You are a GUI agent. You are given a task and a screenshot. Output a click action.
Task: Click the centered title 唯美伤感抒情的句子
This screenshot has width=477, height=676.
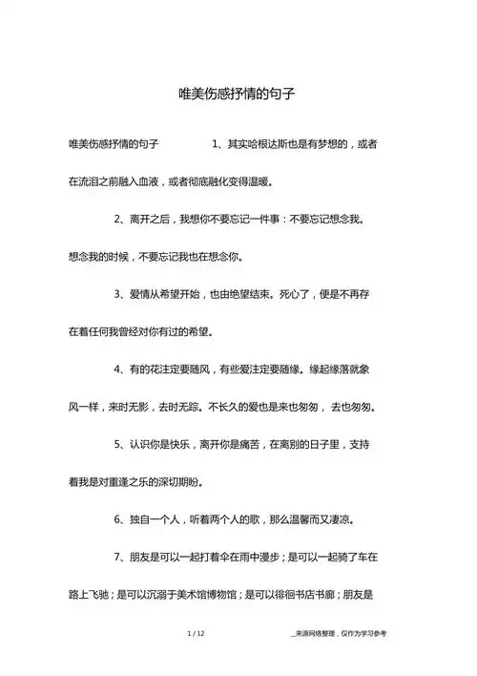pyautogui.click(x=238, y=95)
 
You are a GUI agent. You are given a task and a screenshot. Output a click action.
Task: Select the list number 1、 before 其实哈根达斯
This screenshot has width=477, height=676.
pyautogui.click(x=217, y=144)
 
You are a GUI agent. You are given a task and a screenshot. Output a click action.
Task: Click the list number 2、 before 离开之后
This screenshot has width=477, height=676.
pyautogui.click(x=121, y=219)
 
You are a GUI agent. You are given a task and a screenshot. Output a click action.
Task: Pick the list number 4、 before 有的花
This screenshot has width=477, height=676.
pyautogui.click(x=121, y=368)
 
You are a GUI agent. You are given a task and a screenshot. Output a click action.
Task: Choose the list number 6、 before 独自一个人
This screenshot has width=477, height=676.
pyautogui.click(x=121, y=518)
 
